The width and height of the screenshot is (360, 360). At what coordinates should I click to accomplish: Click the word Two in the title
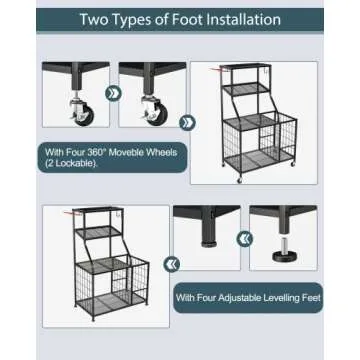[x=97, y=19]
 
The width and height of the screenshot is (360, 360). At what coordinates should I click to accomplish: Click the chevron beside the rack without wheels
[x=172, y=264]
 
